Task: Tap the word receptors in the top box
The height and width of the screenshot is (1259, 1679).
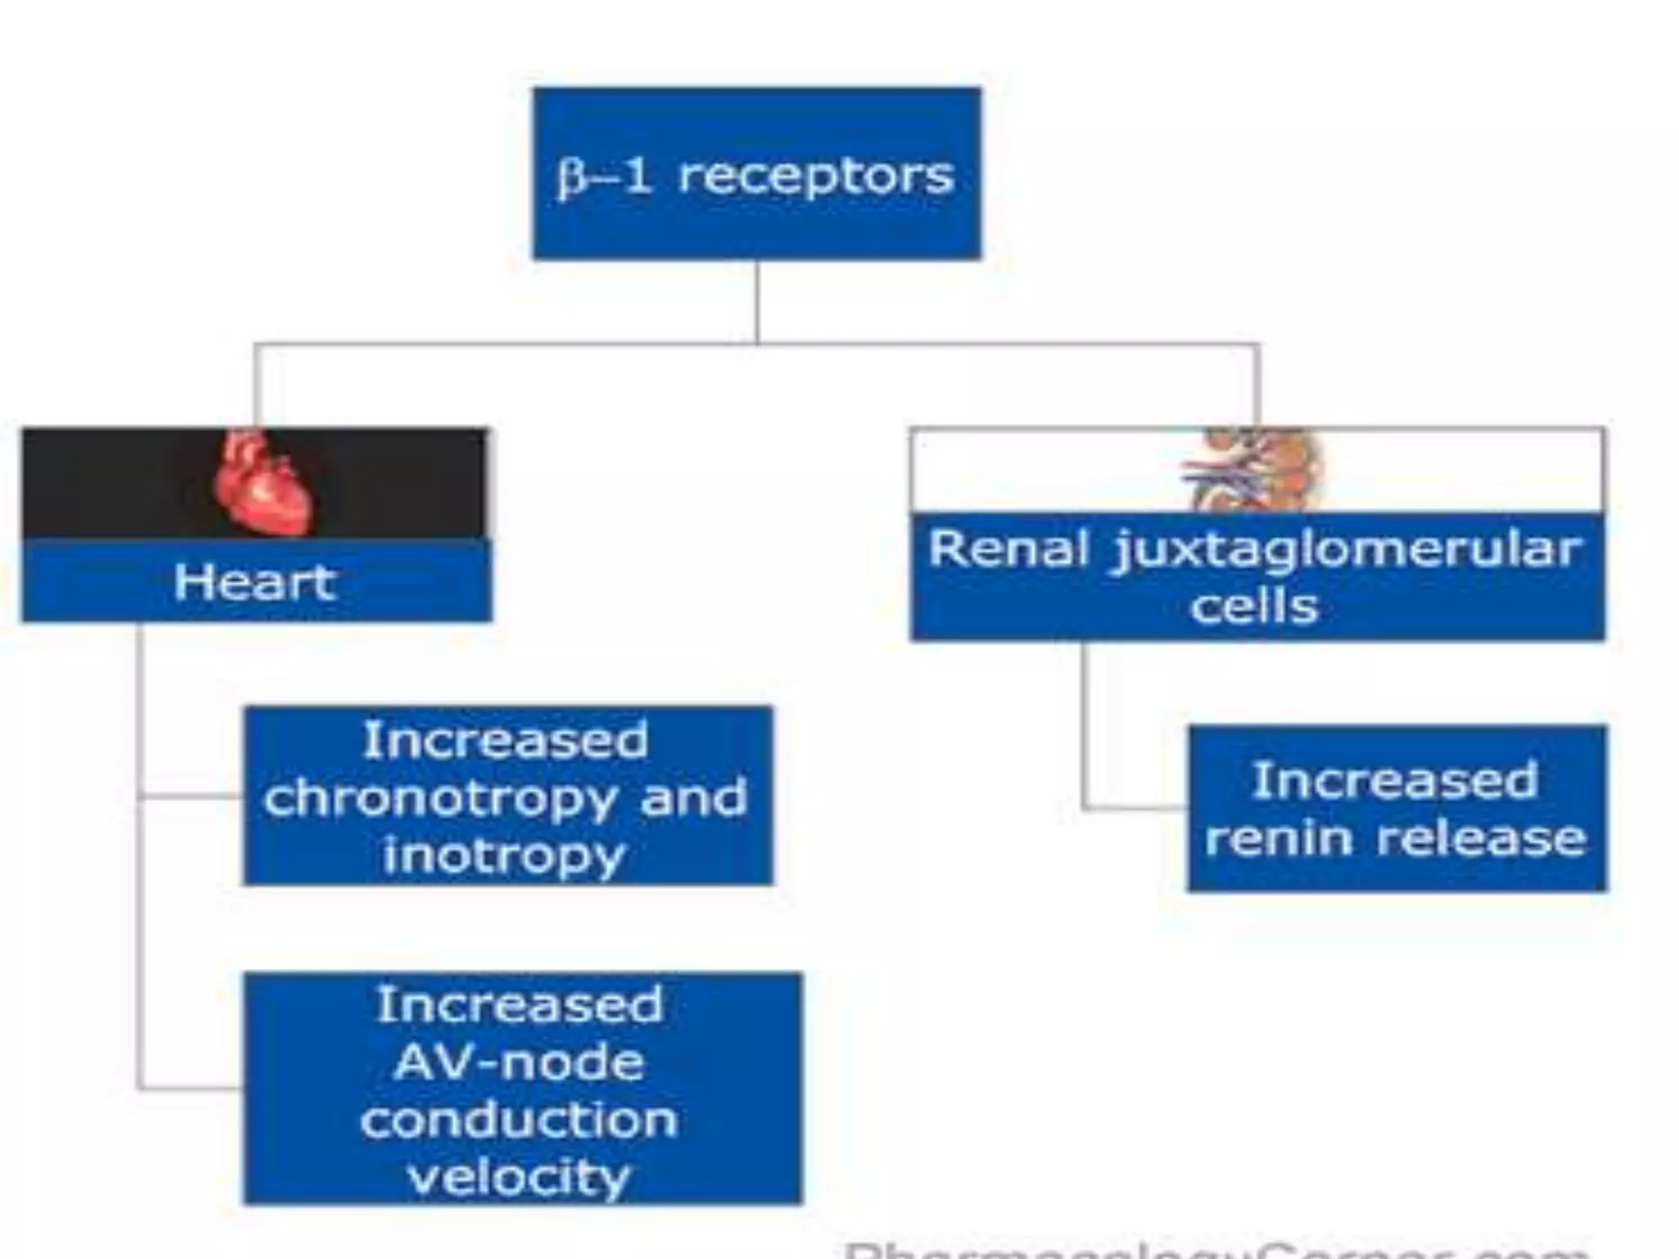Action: click(817, 175)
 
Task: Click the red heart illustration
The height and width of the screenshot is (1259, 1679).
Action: click(262, 485)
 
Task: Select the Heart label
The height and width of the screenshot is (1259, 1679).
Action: click(255, 582)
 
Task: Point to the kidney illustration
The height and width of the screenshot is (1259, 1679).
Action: click(1254, 470)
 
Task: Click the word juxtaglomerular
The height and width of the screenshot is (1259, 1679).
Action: click(1346, 549)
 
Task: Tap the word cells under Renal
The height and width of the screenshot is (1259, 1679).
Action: click(1254, 607)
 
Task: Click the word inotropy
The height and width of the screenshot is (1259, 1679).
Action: click(504, 855)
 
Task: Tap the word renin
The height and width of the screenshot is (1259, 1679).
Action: click(1279, 839)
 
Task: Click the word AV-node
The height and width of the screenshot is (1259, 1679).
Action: click(519, 1063)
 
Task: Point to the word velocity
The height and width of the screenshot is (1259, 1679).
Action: click(519, 1177)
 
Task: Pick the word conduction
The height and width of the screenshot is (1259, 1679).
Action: click(519, 1120)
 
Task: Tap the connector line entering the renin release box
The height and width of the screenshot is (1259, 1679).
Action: click(1135, 808)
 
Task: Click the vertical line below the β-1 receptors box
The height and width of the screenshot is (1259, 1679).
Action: click(757, 302)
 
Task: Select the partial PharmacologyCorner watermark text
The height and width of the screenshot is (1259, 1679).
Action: click(1213, 1251)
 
